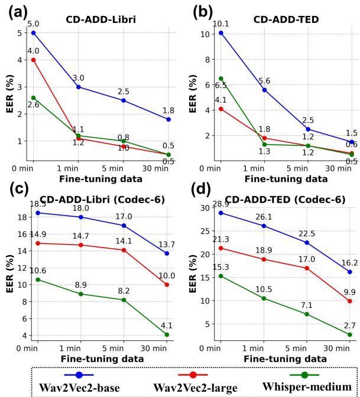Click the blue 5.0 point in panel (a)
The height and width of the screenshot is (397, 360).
click(34, 32)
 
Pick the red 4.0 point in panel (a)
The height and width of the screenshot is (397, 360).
click(34, 60)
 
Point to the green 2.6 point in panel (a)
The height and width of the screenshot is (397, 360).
click(34, 97)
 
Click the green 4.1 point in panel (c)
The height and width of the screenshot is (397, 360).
click(167, 334)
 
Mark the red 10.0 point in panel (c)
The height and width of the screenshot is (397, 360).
click(167, 285)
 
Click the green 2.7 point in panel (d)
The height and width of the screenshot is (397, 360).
click(349, 334)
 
